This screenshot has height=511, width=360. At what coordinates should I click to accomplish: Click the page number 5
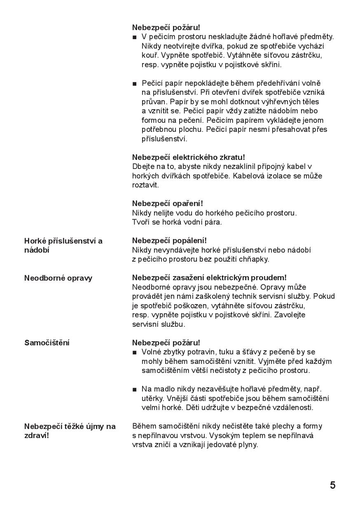tap(332, 485)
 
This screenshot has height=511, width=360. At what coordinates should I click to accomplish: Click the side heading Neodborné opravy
tap(58, 278)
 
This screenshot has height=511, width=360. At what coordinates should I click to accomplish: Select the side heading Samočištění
tap(47, 343)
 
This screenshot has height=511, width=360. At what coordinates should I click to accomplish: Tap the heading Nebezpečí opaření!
tap(167, 204)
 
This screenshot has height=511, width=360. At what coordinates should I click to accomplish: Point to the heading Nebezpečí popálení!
tap(169, 241)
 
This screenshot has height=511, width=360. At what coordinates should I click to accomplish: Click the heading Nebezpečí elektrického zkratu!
tap(188, 157)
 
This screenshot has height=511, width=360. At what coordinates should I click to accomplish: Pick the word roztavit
tap(145, 185)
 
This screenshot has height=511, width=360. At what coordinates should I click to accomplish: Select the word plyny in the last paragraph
tap(248, 445)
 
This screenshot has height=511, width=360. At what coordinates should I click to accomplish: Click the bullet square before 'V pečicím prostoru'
tap(134, 38)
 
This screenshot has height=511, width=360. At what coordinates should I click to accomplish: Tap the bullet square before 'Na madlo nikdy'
tap(134, 389)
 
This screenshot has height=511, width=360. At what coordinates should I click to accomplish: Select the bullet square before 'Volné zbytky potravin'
tap(134, 352)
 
